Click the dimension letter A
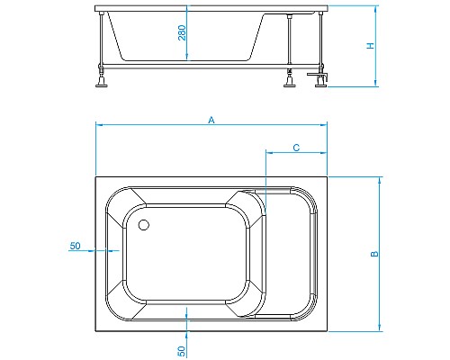point(211,119)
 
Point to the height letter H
point(370,46)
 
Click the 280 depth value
point(182,34)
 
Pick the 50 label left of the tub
point(75,246)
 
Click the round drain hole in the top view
point(144,226)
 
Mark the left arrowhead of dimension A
point(98,125)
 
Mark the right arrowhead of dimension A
point(327,125)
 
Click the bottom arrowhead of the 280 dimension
point(186,59)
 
